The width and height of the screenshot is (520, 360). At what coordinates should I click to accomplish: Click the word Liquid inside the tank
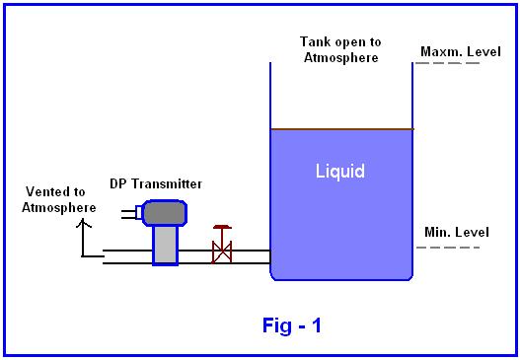click(x=339, y=172)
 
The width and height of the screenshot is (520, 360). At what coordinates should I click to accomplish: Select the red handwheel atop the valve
click(x=222, y=227)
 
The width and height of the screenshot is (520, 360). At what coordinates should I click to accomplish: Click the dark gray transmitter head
click(x=165, y=213)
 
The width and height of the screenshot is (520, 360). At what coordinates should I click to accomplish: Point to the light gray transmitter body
click(x=166, y=246)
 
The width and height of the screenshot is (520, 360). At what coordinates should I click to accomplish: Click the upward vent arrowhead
click(x=84, y=223)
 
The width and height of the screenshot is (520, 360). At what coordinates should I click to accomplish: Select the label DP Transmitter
click(x=156, y=184)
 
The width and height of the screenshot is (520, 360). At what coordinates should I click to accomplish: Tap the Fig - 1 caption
click(x=292, y=325)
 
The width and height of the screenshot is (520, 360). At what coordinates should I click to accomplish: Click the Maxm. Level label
click(x=461, y=51)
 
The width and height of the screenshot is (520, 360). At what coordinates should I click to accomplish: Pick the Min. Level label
click(x=457, y=232)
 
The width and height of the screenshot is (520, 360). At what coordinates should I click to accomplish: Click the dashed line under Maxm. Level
click(x=448, y=63)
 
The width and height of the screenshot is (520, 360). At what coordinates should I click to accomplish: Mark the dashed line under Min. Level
click(x=448, y=248)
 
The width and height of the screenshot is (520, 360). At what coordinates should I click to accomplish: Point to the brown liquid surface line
click(x=342, y=129)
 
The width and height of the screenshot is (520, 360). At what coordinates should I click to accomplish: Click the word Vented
click(x=46, y=191)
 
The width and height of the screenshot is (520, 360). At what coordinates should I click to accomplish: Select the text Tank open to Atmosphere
click(x=341, y=49)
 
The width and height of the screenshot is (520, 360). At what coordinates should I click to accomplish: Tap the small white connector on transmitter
click(x=139, y=212)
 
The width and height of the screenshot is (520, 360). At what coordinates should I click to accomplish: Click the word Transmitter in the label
click(x=167, y=184)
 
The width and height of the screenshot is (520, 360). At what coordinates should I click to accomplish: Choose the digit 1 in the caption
click(x=316, y=325)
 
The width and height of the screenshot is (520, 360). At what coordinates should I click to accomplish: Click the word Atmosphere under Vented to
click(x=59, y=208)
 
